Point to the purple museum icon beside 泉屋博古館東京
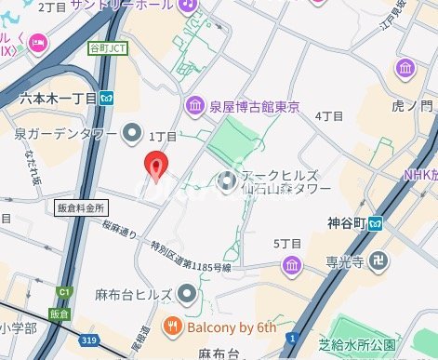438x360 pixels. tap(194, 103)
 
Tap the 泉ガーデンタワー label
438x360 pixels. tap(66, 135)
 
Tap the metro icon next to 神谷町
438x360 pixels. tap(377, 222)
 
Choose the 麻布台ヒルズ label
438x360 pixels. tap(132, 295)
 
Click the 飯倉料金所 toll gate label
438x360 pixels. tap(82, 208)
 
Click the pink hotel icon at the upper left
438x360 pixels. tap(38, 41)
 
